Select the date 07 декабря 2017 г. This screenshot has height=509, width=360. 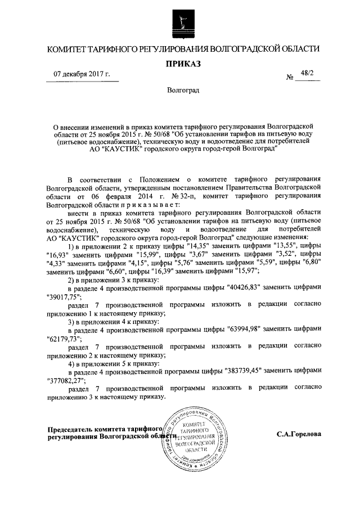pyautogui.click(x=82, y=74)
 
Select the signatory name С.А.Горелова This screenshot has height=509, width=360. pyautogui.click(x=299, y=435)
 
